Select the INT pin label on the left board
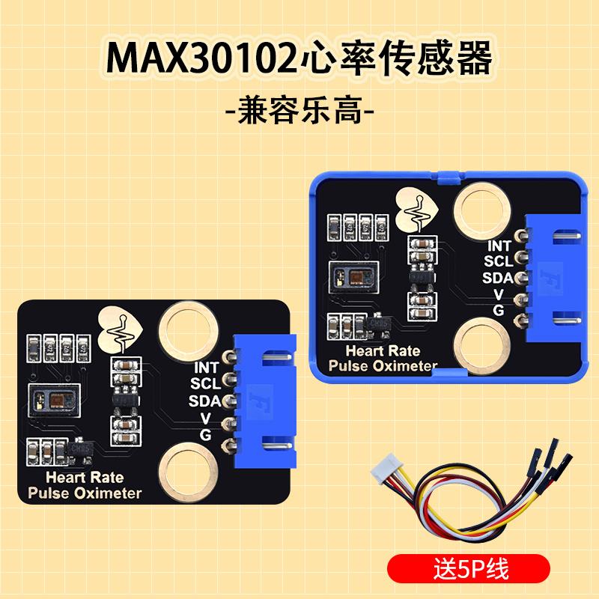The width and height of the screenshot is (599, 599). click(207, 368)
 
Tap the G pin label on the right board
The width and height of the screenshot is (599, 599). click(498, 309)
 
